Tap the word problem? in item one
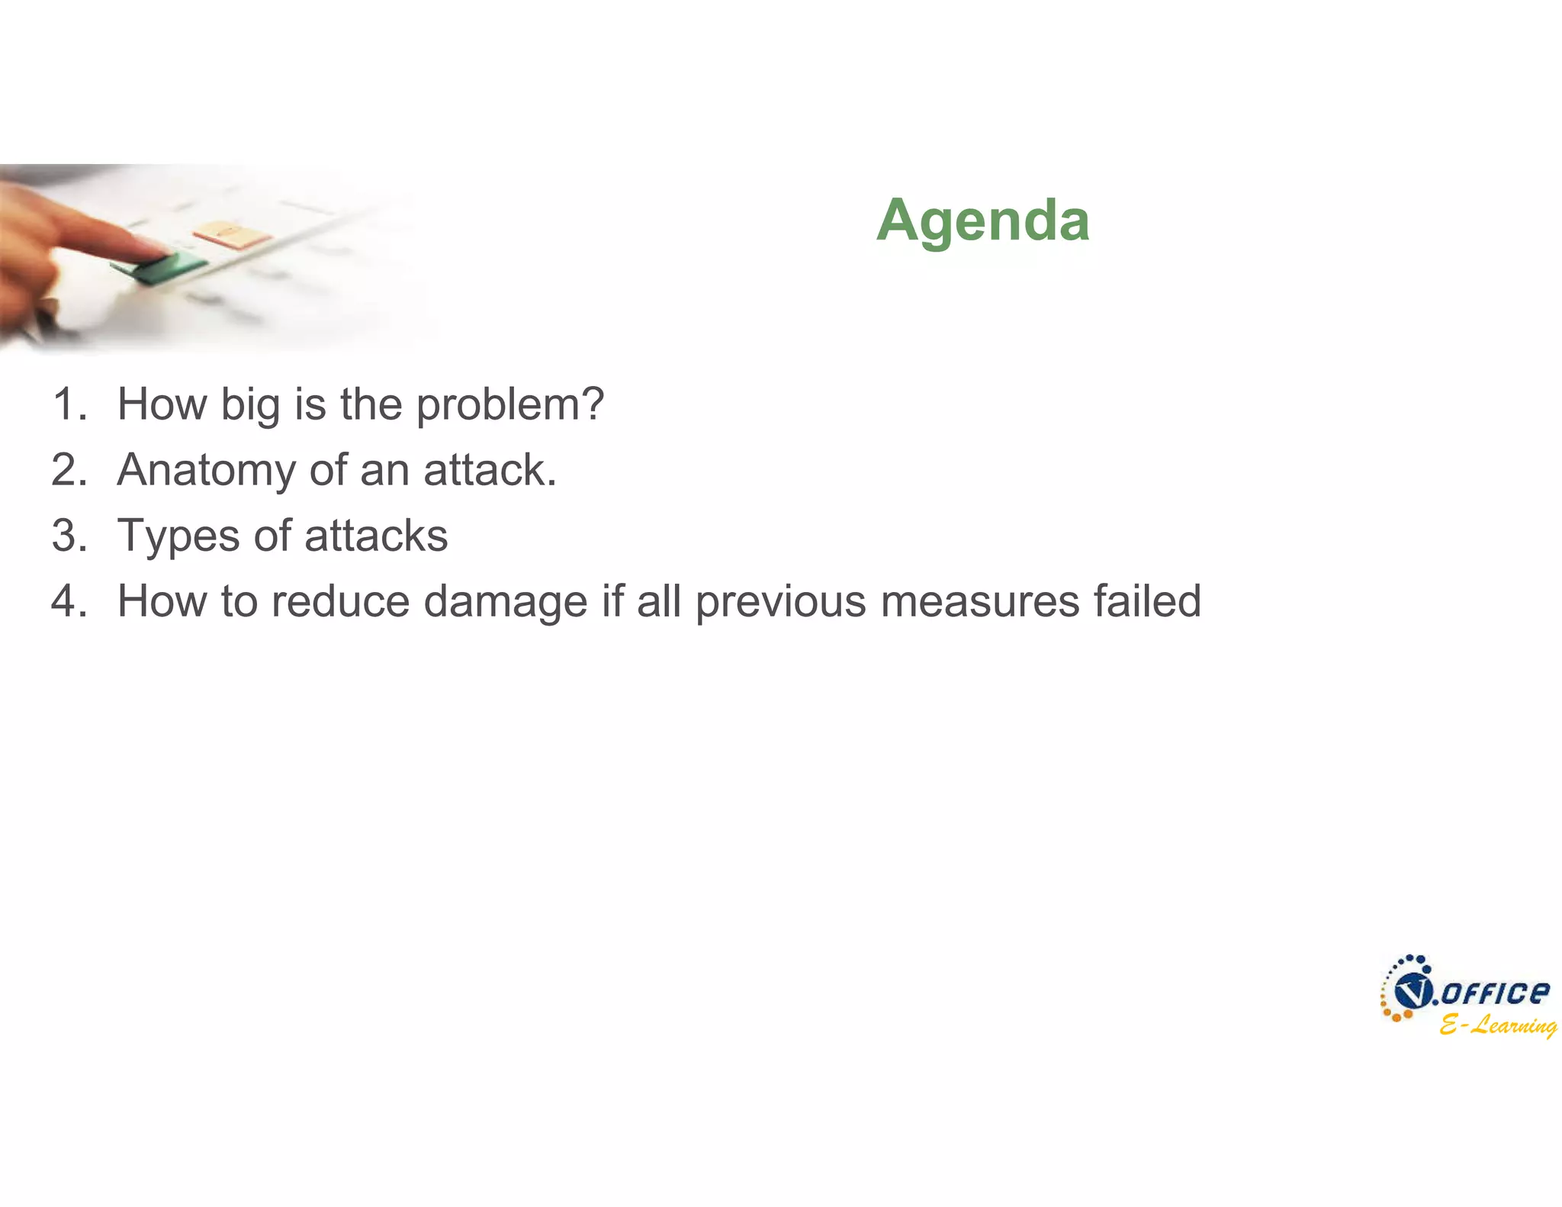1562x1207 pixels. point(509,404)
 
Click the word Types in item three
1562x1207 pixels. point(178,536)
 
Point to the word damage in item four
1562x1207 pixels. point(505,601)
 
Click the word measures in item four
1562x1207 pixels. point(979,601)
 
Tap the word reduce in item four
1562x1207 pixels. point(340,601)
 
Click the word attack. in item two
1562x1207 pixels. point(490,470)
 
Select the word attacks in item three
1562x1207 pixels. point(376,536)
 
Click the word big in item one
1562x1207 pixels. point(250,404)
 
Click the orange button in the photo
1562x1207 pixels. point(231,233)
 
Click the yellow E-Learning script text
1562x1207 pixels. point(1497,1025)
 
